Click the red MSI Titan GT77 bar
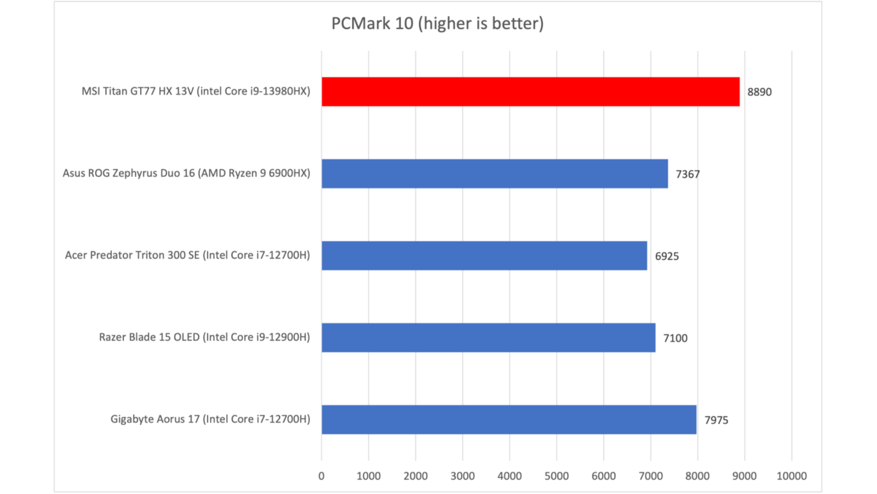530,91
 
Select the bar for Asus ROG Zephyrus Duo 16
495,174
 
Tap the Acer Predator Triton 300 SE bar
484,256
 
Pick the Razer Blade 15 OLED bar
488,338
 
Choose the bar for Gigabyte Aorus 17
509,419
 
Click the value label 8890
759,92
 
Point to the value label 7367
687,174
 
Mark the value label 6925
667,256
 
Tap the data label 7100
675,338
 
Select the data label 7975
716,420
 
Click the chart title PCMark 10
437,23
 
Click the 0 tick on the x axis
322,476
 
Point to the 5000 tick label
556,476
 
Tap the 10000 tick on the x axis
792,476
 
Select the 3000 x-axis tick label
462,476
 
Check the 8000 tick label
697,476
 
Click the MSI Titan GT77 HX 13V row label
195,91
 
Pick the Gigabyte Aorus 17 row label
210,419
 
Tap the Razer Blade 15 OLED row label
204,337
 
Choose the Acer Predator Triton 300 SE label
187,255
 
